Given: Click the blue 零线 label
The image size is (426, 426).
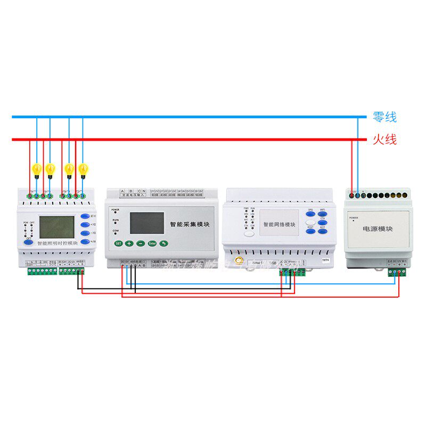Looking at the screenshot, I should pos(384,117).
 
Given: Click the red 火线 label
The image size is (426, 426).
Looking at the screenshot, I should pos(384,140).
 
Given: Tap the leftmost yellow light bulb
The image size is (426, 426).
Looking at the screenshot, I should pos(37,169).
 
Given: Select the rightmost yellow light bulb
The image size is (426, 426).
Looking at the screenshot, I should pos(83,169).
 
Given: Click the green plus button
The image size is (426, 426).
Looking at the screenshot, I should pos(129,243).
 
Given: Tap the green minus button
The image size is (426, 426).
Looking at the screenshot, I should pos(140,243).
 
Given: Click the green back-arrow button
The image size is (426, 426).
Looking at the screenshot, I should pos(165,243).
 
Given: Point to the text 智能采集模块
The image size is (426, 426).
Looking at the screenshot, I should pos(190,225).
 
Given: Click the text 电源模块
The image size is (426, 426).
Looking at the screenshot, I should pos(378,228).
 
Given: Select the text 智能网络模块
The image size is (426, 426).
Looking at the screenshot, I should pos(279,225).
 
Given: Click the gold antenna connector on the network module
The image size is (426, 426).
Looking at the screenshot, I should pos(240,261).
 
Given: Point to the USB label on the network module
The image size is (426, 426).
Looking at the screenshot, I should pos(272,263).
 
